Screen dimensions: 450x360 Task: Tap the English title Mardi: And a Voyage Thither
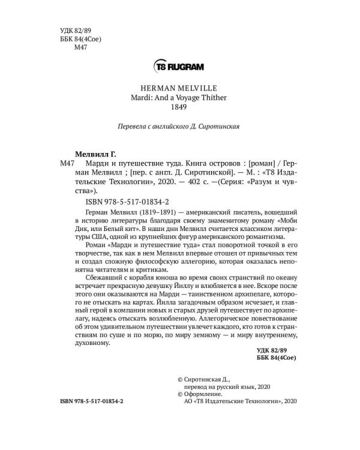[180, 98]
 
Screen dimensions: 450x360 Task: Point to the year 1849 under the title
[180, 108]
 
